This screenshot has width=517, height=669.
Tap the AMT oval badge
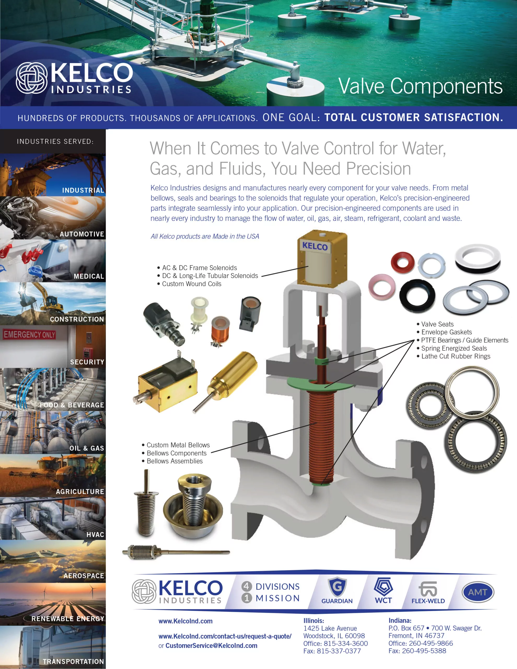[478, 592]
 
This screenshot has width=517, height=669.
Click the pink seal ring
[382, 287]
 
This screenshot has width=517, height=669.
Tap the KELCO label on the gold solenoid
[315, 246]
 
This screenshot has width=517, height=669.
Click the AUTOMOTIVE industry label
[82, 234]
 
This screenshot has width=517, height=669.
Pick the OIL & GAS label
[87, 448]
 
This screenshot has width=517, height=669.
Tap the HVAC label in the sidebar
[95, 534]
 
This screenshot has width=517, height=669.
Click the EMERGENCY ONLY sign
[30, 334]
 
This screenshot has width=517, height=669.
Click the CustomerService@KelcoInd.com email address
[211, 645]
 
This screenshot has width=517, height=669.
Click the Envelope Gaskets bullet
[446, 332]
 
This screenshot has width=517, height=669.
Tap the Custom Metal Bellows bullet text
[178, 445]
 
